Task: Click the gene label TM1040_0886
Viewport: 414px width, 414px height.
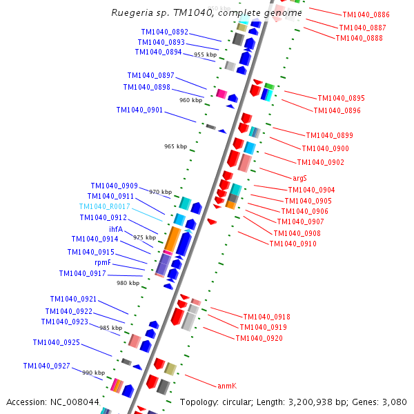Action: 366,14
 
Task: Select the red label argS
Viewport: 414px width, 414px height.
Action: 299,178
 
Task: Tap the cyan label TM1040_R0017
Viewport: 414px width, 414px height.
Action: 104,206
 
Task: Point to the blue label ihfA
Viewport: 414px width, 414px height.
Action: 115,229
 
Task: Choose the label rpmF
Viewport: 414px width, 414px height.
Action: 103,263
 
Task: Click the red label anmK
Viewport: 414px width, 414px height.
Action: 227,386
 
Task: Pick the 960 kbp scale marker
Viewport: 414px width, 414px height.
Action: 190,100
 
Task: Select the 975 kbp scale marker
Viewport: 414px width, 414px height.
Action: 144,237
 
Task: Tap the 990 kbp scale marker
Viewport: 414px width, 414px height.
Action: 93,373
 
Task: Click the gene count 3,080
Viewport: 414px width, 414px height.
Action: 394,402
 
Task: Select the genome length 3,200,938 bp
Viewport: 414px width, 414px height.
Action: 324,402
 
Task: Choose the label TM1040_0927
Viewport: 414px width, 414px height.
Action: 46,366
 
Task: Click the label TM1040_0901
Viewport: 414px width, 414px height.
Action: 139,110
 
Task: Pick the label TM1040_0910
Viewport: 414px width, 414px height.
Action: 293,244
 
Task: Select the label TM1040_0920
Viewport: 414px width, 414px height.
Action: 259,338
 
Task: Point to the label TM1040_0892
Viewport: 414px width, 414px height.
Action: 164,32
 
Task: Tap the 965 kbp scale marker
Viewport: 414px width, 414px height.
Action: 175,146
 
